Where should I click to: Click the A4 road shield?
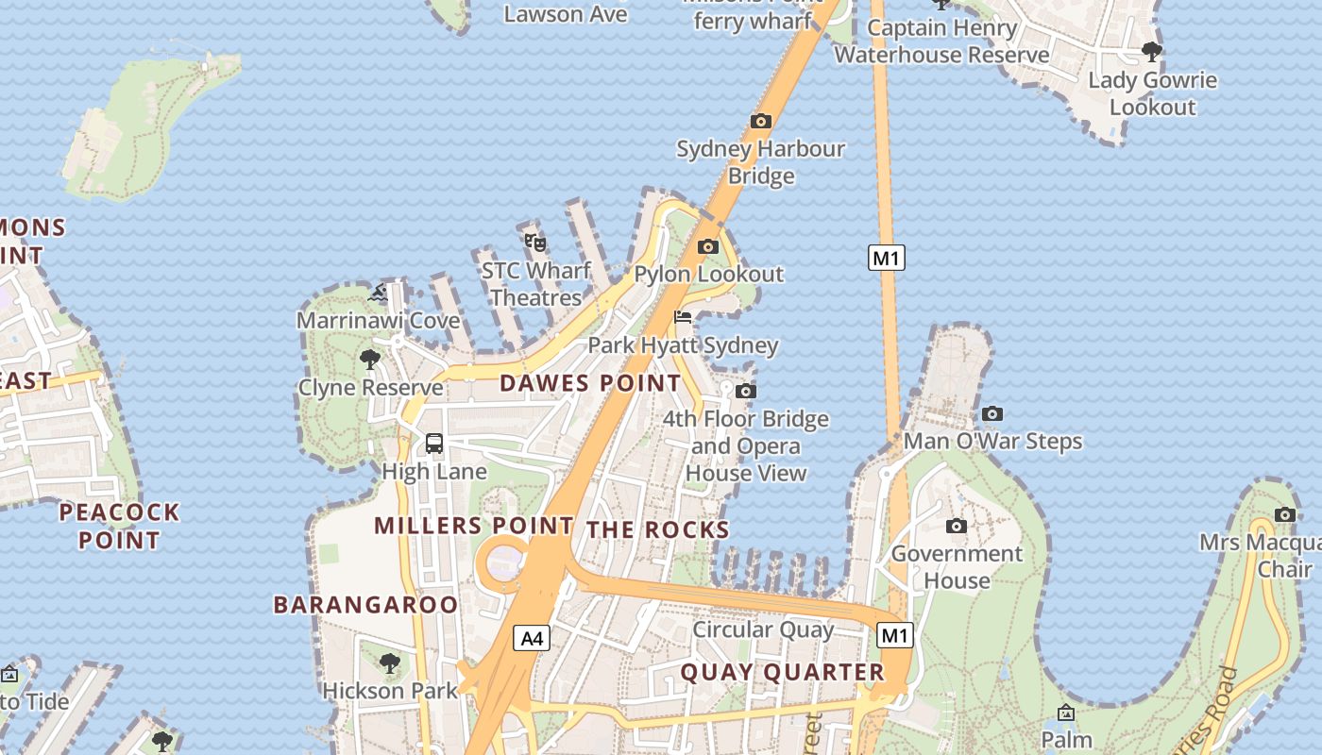point(533,639)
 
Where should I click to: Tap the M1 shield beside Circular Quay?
point(894,635)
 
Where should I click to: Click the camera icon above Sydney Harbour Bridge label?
point(760,121)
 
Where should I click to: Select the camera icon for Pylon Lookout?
point(707,247)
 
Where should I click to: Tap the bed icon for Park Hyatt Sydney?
point(683,317)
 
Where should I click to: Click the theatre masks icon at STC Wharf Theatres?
point(535,243)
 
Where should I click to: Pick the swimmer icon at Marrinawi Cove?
point(378,293)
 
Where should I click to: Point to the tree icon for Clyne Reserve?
point(370,360)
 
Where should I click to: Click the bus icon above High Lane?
point(434,443)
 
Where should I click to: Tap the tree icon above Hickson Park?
point(390,663)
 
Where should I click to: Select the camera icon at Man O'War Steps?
point(991,413)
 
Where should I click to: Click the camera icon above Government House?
point(956,526)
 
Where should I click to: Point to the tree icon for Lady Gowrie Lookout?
point(1151,51)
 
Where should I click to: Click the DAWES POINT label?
point(590,383)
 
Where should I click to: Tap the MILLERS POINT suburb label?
point(473,526)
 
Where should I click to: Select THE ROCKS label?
point(658,530)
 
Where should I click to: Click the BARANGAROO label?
point(365,605)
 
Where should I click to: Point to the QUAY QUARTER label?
point(782,673)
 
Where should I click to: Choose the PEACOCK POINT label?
point(119,527)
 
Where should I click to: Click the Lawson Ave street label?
point(566,13)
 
